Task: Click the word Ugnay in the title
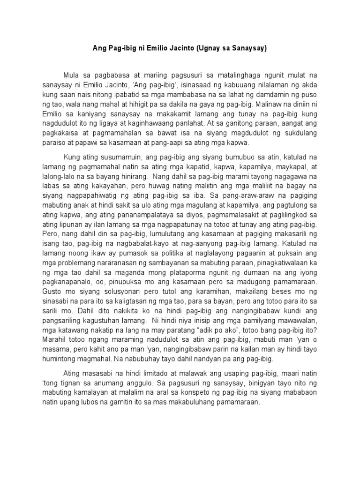point(210,47)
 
